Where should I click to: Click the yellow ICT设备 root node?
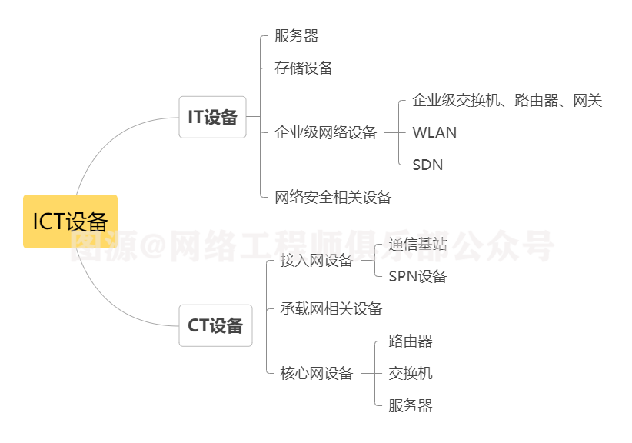(x=70, y=221)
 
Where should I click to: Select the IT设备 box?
(x=213, y=118)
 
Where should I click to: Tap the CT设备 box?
(x=215, y=325)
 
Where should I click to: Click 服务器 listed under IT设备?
(x=297, y=36)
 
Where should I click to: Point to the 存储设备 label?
(x=304, y=68)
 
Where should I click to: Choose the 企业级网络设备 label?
(x=326, y=132)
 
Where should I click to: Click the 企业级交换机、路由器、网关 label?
(x=507, y=100)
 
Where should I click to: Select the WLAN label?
(x=434, y=132)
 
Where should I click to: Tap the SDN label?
(x=427, y=165)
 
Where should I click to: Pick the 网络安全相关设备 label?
(x=333, y=198)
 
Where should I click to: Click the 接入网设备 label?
(x=316, y=261)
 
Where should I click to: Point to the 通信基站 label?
(x=417, y=245)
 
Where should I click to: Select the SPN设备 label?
(x=417, y=277)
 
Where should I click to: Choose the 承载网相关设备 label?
(x=331, y=309)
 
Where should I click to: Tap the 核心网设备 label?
(x=316, y=374)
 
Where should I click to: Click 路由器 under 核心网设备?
(x=411, y=341)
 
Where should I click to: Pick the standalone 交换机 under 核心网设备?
(x=411, y=374)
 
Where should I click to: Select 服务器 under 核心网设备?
(x=411, y=406)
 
